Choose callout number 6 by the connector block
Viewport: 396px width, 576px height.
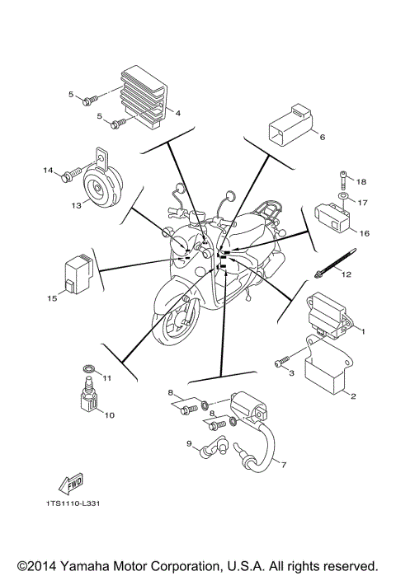click(322, 137)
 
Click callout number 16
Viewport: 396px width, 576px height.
click(364, 233)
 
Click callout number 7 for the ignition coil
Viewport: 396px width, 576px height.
click(283, 464)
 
